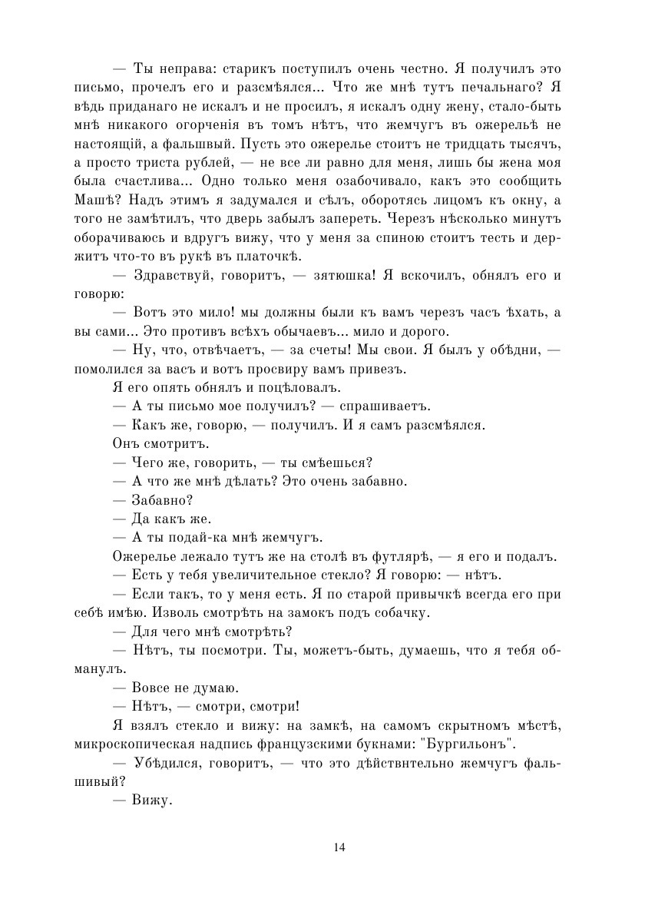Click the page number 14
(x=340, y=848)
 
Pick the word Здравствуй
(x=167, y=275)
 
